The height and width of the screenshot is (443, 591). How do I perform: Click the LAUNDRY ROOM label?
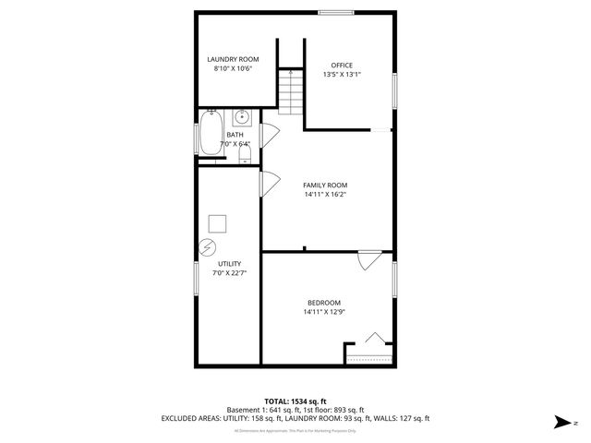232,59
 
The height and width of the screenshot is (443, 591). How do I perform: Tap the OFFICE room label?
342,65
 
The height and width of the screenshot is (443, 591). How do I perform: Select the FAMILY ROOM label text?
325,185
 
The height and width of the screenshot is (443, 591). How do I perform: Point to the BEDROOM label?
324,303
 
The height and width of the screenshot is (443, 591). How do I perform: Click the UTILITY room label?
229,264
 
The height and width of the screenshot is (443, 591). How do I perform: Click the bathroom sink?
242,117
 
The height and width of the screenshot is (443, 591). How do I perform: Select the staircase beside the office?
291,92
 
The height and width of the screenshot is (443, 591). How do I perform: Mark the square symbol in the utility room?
217,223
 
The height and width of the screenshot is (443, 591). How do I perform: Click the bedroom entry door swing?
369,260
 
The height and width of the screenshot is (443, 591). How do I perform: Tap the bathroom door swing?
269,133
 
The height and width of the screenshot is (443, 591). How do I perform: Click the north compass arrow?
561,421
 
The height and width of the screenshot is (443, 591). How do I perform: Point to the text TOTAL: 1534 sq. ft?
295,401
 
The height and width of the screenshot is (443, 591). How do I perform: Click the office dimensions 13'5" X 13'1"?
342,75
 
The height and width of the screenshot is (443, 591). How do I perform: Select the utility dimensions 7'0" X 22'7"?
229,273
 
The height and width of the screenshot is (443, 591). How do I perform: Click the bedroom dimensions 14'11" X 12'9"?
324,312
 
